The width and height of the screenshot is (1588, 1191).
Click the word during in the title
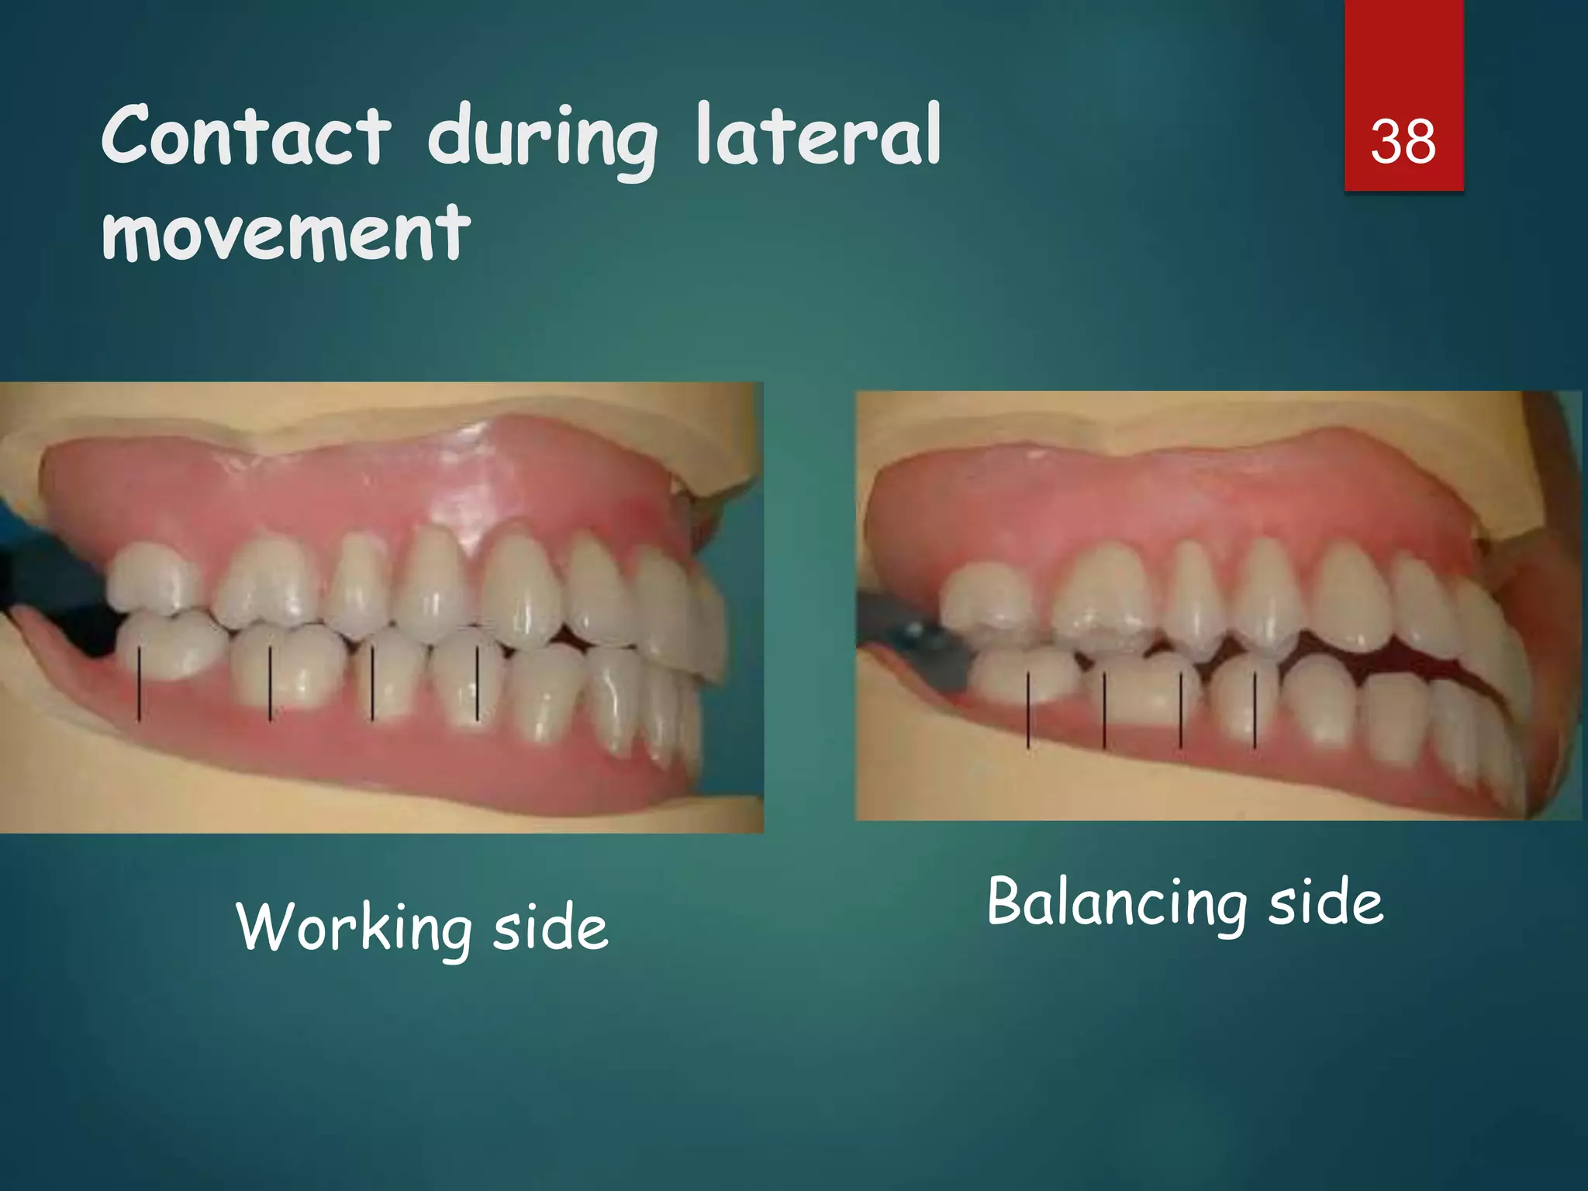pos(543,140)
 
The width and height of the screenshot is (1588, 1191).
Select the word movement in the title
pos(286,232)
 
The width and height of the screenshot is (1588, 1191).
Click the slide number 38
pos(1403,143)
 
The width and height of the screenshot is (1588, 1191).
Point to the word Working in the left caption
pos(354,927)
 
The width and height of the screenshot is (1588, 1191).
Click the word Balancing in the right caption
pos(1117,904)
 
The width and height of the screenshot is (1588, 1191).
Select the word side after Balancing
pos(1325,904)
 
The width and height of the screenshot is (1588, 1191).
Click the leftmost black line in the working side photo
pos(140,685)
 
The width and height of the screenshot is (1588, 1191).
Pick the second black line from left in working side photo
pos(270,683)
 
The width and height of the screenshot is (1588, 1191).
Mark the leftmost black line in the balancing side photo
pos(1028,710)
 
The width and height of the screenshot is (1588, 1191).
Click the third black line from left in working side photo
pos(372,683)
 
